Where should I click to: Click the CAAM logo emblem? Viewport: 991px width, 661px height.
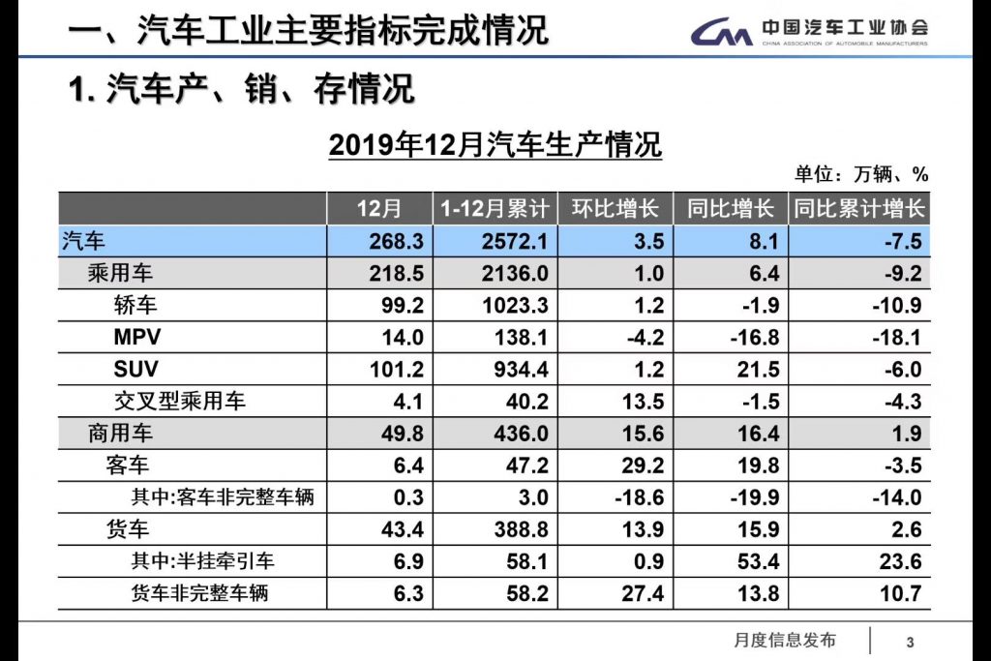721,32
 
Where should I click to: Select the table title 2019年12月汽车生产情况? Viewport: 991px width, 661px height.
495,145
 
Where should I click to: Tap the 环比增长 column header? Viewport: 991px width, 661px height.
616,208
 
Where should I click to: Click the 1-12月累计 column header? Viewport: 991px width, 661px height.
495,208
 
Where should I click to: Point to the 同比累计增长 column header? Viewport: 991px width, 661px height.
858,208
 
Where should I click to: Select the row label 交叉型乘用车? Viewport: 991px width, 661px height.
180,402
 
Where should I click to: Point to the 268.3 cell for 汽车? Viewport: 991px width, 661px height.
396,241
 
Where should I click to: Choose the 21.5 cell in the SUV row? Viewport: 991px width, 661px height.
758,370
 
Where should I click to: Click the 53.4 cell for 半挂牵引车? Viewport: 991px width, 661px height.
758,561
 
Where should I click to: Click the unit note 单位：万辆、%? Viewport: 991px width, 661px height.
861,174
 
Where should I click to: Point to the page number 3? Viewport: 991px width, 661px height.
910,642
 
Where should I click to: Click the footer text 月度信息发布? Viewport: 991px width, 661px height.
785,640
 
